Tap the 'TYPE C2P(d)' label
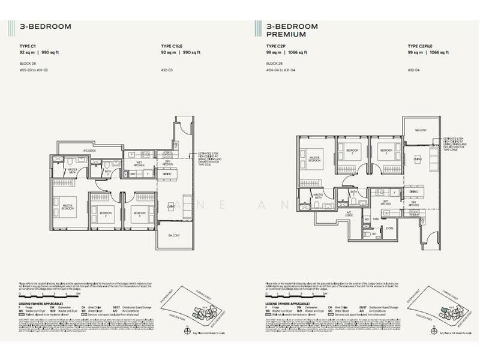click(x=422, y=46)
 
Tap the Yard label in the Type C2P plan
click(x=376, y=219)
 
